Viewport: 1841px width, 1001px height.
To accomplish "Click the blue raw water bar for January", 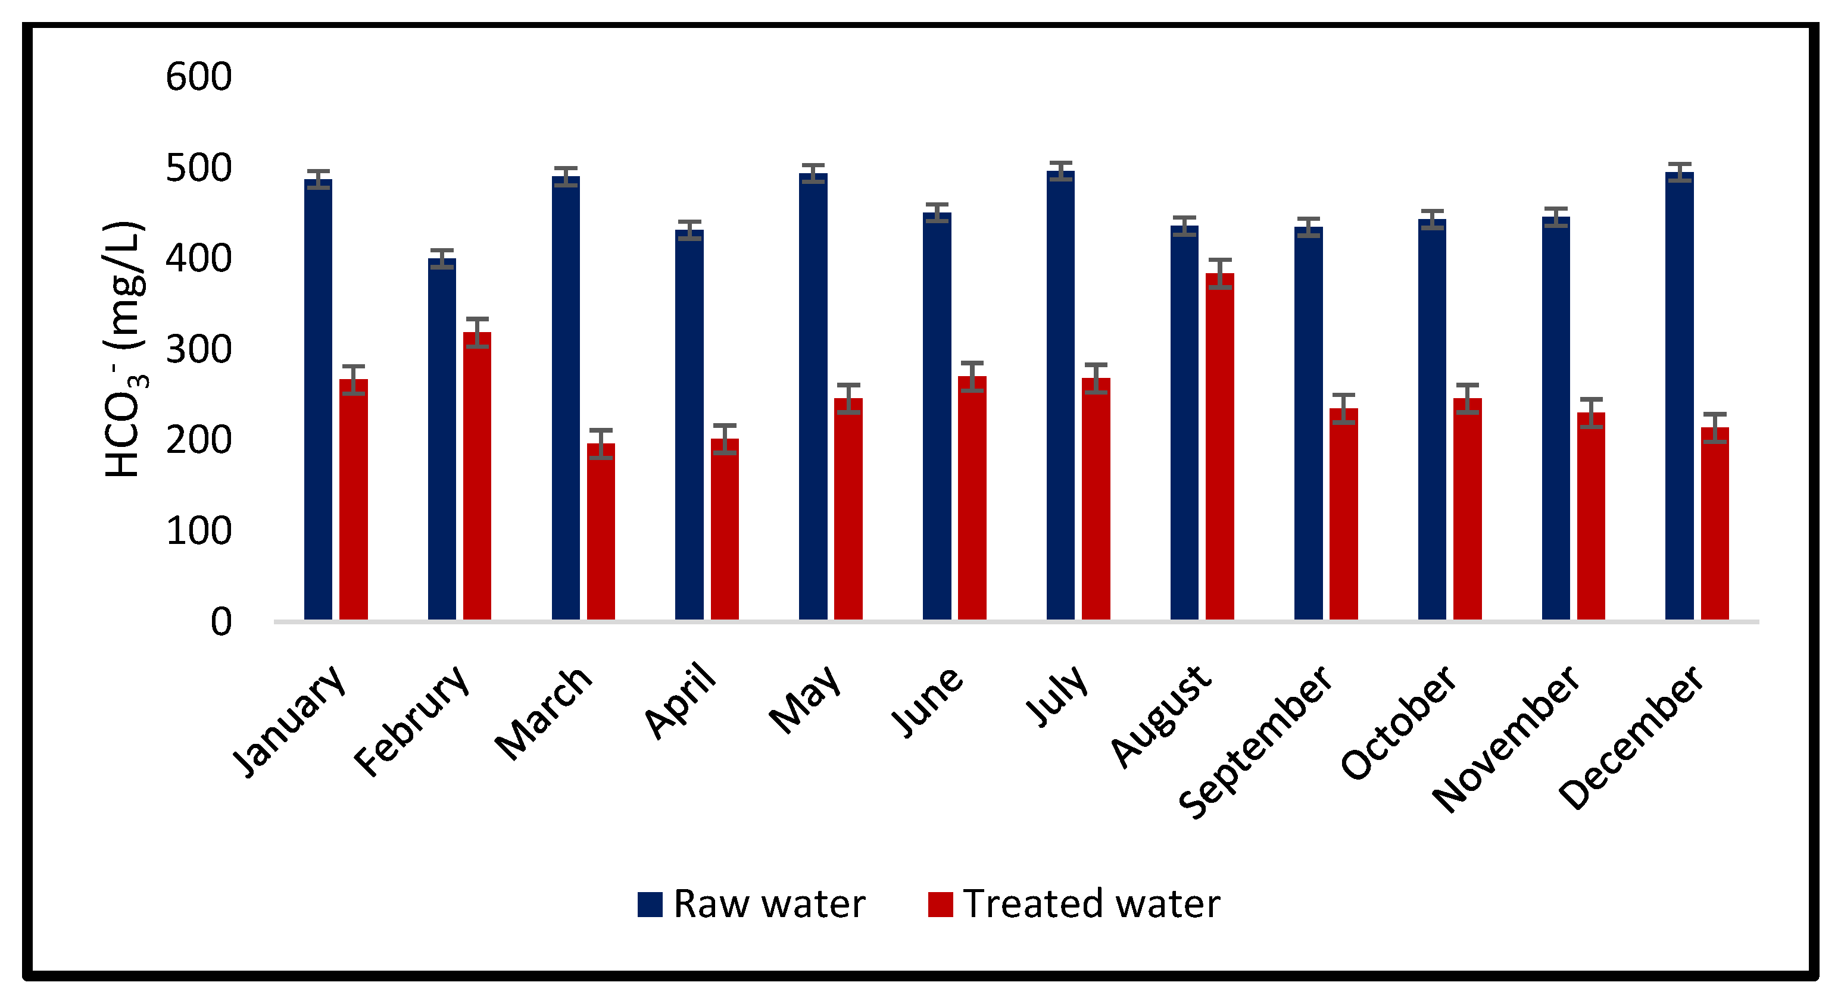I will pos(318,400).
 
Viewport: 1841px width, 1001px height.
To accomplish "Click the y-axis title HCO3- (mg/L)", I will pos(125,350).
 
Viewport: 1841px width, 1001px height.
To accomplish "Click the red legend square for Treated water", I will pos(940,905).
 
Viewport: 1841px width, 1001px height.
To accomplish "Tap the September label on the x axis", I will pos(1255,743).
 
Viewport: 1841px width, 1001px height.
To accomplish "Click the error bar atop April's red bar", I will pos(724,439).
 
